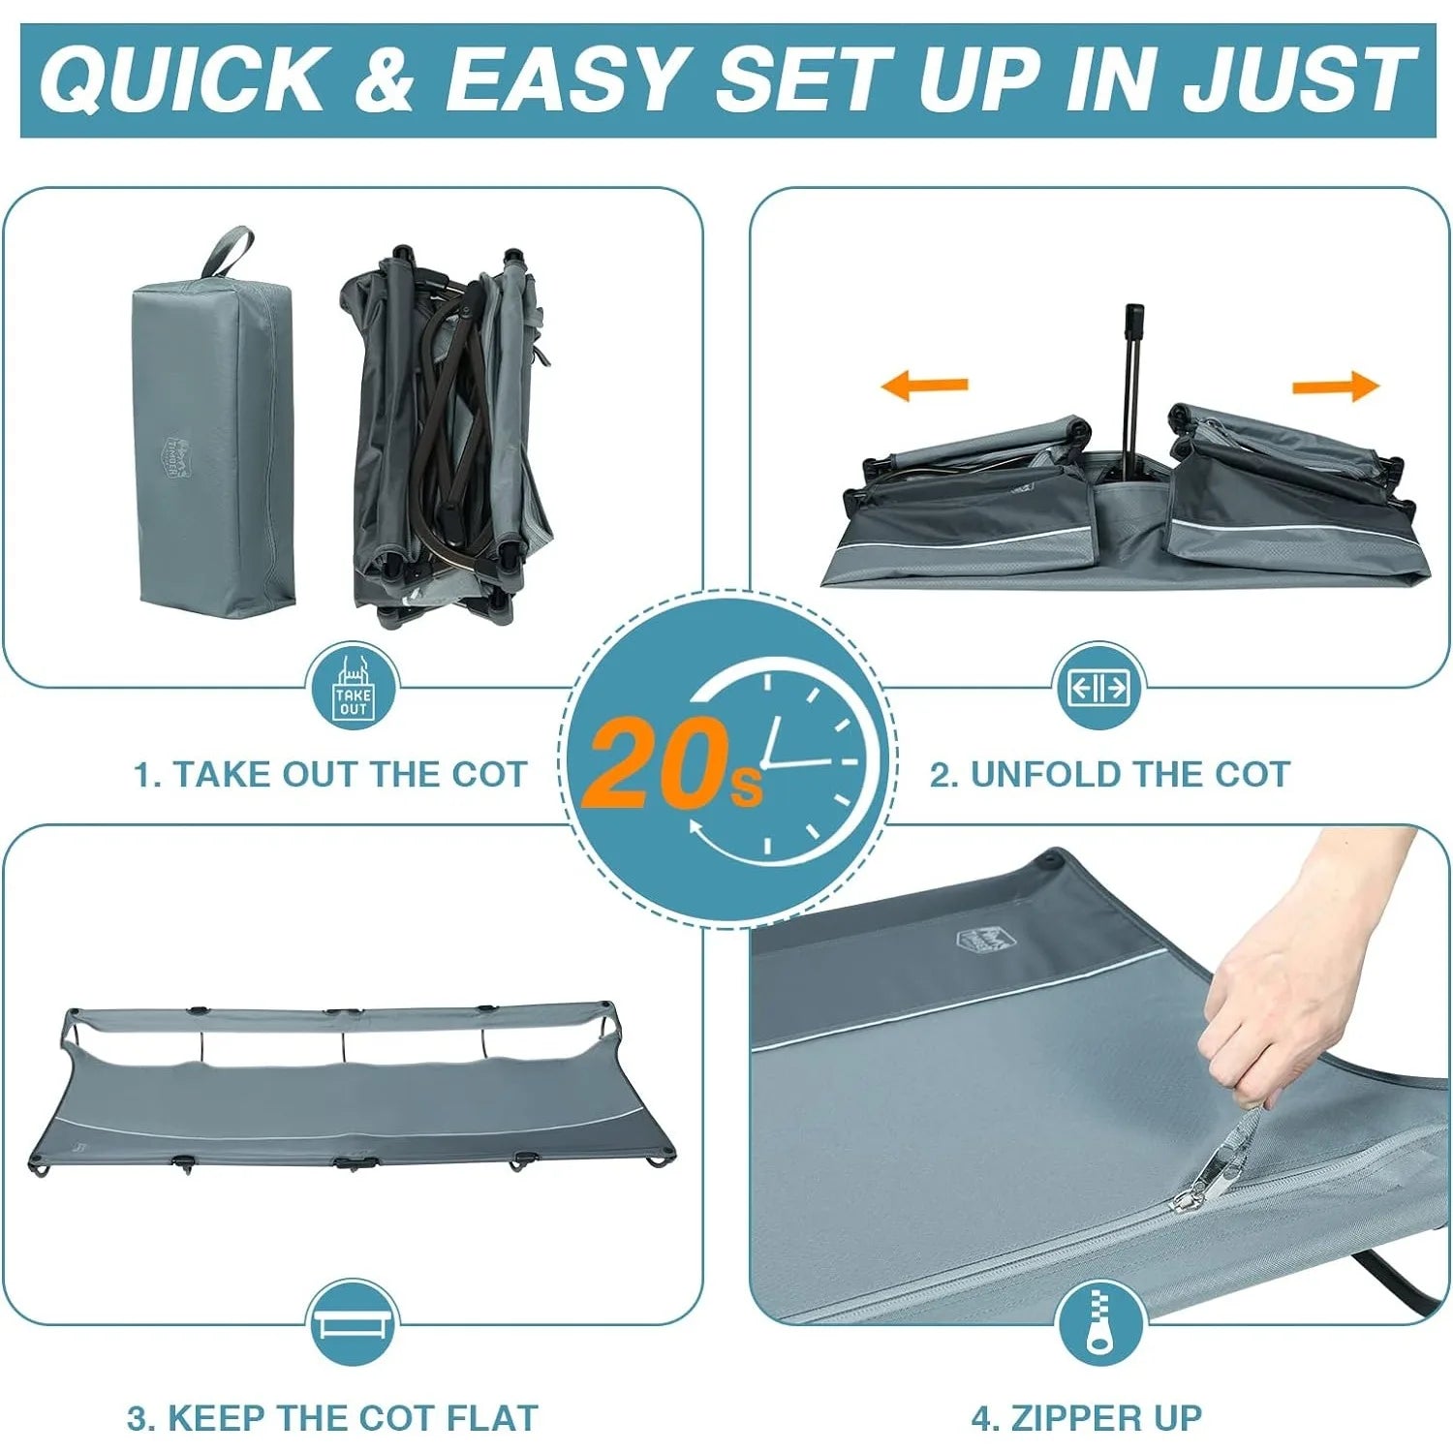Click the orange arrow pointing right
click(x=1336, y=386)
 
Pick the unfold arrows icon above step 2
click(x=1098, y=688)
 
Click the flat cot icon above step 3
click(x=354, y=1323)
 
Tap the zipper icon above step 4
click(x=1099, y=1320)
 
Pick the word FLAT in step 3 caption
click(x=492, y=1418)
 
